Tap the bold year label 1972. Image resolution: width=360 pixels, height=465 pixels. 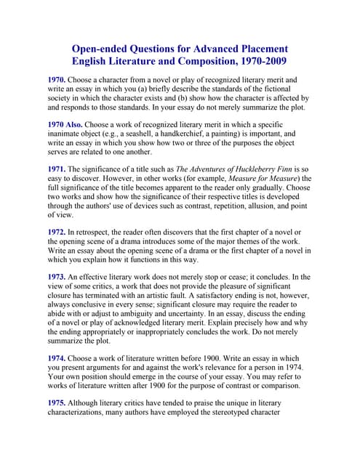57,230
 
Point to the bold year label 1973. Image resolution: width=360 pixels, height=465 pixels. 57,277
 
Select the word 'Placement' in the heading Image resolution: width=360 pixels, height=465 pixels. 257,48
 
